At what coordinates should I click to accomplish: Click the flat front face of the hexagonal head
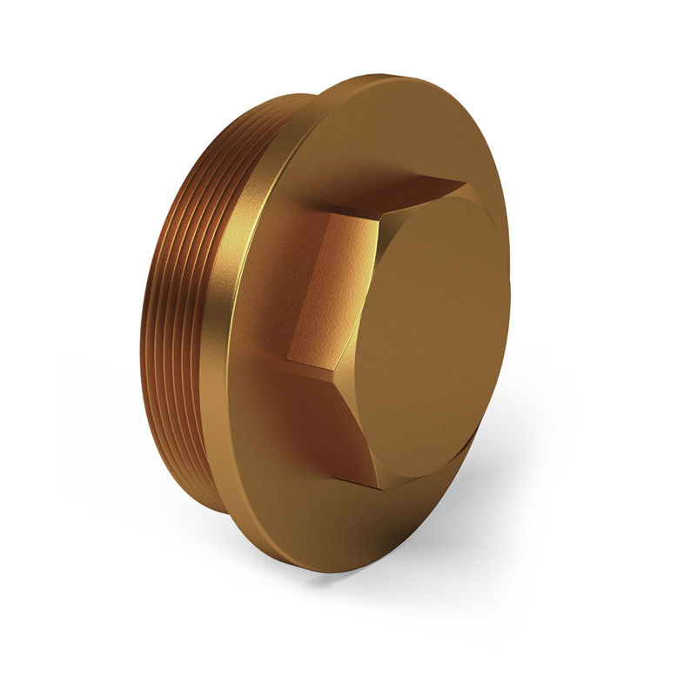coord(435,331)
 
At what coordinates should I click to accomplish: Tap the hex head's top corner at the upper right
coord(466,180)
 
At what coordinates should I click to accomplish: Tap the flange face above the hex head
coord(383,131)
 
